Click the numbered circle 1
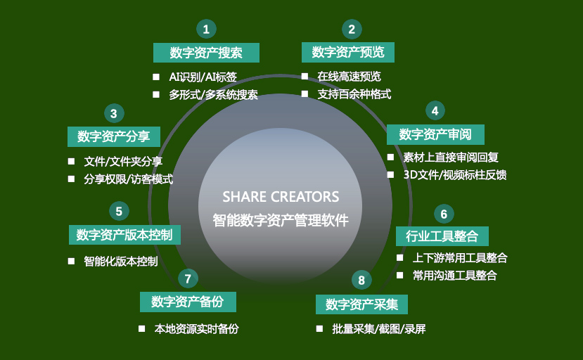coord(206,29)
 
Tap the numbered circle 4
coord(435,110)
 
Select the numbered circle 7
coord(188,278)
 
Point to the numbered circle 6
coord(444,214)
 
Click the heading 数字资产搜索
coord(206,53)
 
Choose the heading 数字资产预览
coord(348,52)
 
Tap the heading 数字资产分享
coord(114,136)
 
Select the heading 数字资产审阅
coord(435,134)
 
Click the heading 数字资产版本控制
coord(124,235)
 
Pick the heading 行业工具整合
coord(442,236)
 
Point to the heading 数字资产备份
coord(188,302)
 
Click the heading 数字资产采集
coord(361,304)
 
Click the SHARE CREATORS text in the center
coord(281,197)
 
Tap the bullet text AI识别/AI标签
coord(203,77)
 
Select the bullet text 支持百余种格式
coord(354,94)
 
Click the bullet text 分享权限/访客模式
coord(129,179)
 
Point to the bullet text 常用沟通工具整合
coord(455,276)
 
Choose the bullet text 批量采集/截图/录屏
coord(379,329)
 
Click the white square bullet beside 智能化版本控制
coord(72,261)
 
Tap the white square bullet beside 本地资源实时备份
coord(141,329)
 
